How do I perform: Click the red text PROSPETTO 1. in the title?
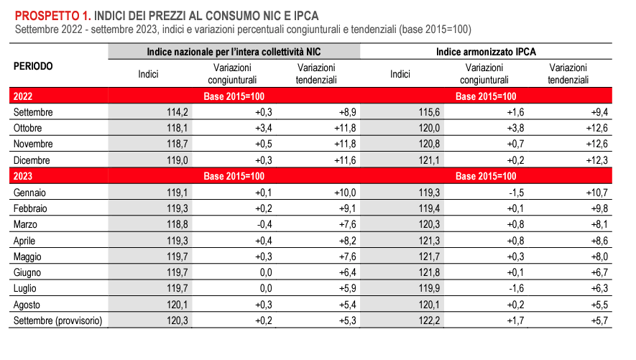pyautogui.click(x=51, y=14)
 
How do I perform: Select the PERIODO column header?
pyautogui.click(x=33, y=65)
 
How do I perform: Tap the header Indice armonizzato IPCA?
pyautogui.click(x=486, y=52)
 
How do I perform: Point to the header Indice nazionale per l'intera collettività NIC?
pyautogui.click(x=233, y=52)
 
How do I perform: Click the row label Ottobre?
pyautogui.click(x=29, y=128)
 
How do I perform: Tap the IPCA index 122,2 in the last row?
pyautogui.click(x=428, y=320)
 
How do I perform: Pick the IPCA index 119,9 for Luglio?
pyautogui.click(x=428, y=288)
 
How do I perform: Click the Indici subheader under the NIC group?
pyautogui.click(x=148, y=73)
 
